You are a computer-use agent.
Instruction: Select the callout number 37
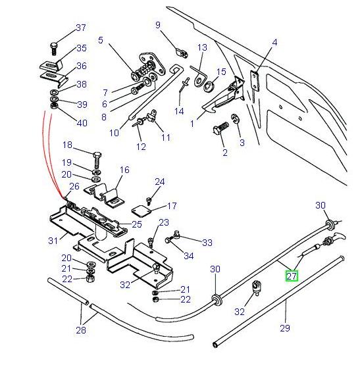(x=81, y=28)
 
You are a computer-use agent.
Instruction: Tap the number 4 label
(x=274, y=43)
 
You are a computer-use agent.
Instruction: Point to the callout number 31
(x=53, y=241)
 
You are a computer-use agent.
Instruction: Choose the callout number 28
(x=81, y=330)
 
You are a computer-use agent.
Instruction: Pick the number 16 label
(x=124, y=170)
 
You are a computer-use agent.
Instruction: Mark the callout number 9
(x=158, y=25)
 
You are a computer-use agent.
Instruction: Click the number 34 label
(x=189, y=255)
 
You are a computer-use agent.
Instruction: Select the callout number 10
(x=114, y=132)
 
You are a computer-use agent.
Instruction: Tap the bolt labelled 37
(x=53, y=48)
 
